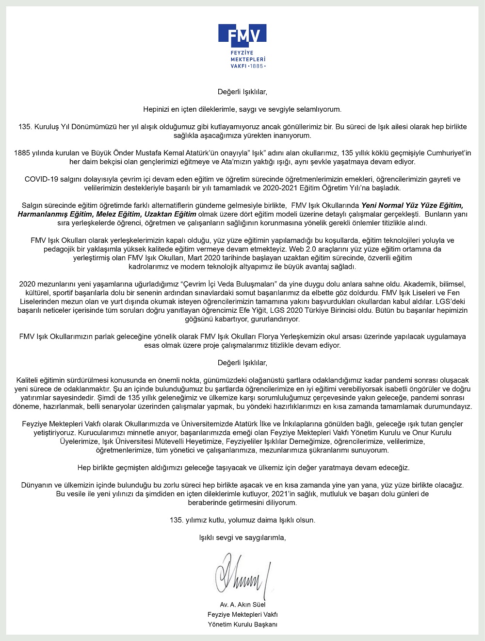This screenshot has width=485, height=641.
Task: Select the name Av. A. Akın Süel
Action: tap(242, 605)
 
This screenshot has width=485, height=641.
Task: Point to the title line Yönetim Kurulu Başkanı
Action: tap(242, 624)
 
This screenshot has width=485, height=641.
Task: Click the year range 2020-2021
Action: tap(275, 188)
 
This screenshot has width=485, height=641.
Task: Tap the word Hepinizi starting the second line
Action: tap(157, 109)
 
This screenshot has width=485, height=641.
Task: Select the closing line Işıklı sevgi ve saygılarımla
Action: tap(242, 538)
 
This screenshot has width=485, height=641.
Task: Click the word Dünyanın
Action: tap(36, 485)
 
